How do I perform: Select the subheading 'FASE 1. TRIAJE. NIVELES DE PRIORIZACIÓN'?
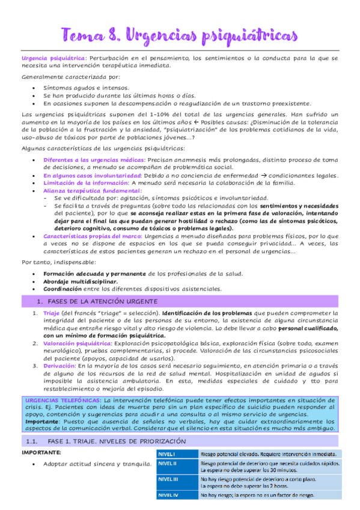point(118,441)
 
